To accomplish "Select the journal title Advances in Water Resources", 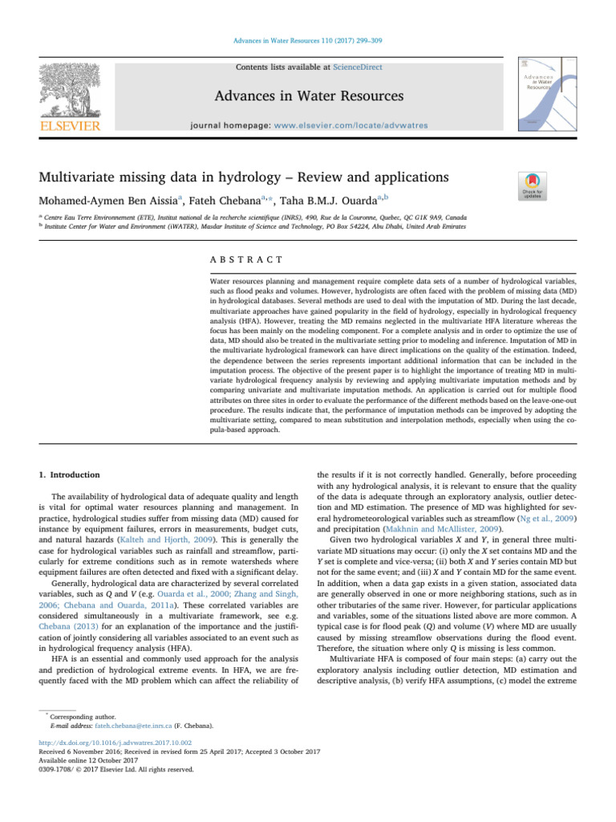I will pos(308,97).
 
